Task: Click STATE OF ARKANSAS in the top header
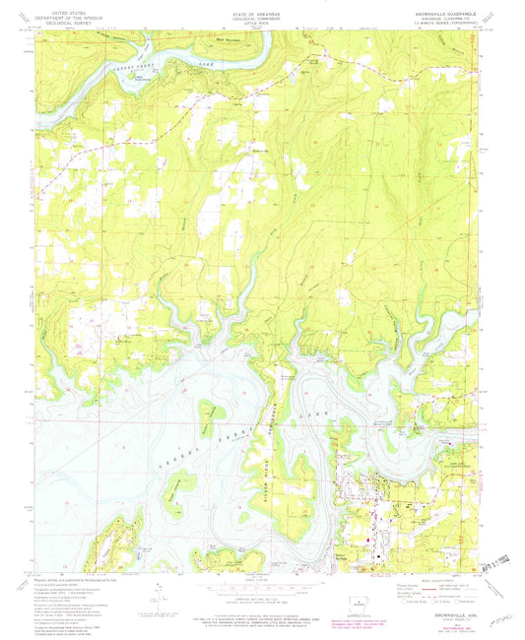click(x=262, y=9)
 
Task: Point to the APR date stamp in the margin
click(x=492, y=569)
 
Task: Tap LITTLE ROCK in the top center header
click(x=262, y=20)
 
